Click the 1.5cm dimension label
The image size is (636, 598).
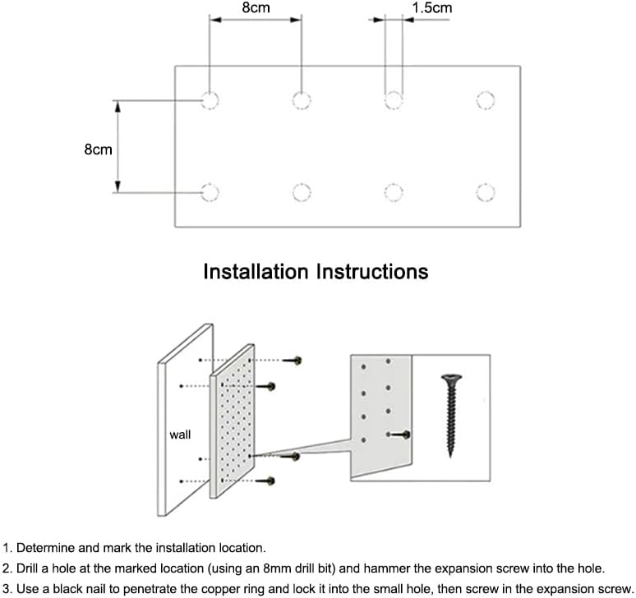(x=431, y=8)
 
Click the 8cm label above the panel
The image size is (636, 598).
(x=256, y=8)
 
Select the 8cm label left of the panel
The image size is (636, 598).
(x=98, y=150)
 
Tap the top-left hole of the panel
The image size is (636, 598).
(x=210, y=101)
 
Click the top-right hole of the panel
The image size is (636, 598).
(x=486, y=101)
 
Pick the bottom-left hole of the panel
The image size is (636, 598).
(x=210, y=192)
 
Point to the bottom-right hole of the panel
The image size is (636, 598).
(x=486, y=192)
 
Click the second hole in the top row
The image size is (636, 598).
(x=302, y=101)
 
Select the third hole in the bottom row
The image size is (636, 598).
(x=394, y=192)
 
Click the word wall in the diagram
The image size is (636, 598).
(x=180, y=435)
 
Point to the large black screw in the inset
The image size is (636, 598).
(x=449, y=416)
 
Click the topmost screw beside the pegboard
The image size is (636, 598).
(x=295, y=361)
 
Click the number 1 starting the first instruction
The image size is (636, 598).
(x=7, y=547)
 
